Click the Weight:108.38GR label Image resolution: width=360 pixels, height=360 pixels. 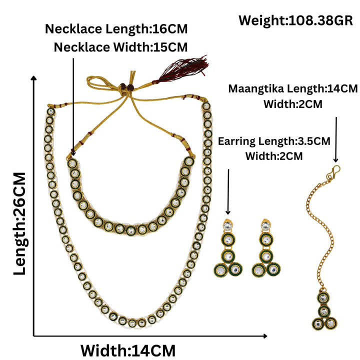pos(295,20)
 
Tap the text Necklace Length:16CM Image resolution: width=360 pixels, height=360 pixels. pos(116,29)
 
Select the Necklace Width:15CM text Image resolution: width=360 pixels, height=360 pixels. pos(121,47)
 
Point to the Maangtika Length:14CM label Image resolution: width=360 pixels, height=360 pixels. pos(292,88)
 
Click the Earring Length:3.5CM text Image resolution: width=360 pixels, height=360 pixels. pos(274,141)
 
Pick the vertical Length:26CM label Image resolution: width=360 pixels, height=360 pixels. pos(19,223)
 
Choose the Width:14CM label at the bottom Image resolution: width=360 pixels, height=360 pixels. pos(128,350)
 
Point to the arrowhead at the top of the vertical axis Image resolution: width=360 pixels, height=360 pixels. pos(34,78)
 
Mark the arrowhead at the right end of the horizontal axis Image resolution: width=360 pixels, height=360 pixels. pos(265,336)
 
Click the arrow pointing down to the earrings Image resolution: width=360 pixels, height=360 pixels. pos(228,192)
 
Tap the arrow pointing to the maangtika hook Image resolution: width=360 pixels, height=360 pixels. pos(336,140)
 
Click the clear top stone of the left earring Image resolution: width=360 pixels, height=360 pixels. pos(227,225)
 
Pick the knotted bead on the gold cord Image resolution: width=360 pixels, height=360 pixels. pos(126,87)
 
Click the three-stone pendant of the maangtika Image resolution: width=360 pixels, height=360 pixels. pos(324,310)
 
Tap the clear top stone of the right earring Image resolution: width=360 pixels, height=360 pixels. pos(265,225)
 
